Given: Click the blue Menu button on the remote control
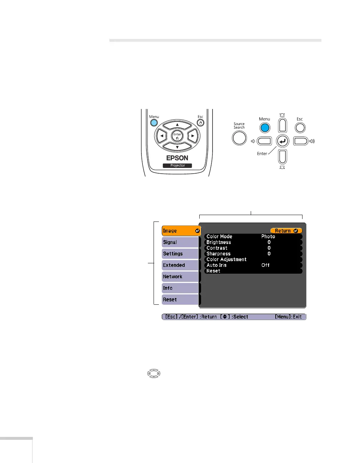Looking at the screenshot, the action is tap(154, 123).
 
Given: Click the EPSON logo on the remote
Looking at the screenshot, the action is tap(177, 158).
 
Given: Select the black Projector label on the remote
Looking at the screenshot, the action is tap(177, 165).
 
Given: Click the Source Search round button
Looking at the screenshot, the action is tap(239, 138).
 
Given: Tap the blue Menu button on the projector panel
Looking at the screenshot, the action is tap(265, 128).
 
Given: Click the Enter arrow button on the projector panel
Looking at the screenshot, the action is tap(282, 141).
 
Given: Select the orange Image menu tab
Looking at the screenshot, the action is tap(181, 231).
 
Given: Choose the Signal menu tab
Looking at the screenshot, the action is tap(180, 242).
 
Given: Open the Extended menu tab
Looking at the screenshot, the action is tap(180, 265).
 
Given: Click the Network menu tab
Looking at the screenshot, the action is tap(180, 277).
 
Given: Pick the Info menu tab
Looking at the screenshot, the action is tap(180, 288).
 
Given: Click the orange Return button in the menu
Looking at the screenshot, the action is tap(286, 231).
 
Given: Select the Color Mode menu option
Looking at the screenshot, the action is tap(219, 237).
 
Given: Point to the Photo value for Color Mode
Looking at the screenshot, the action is tap(268, 237).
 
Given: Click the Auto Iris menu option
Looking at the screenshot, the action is tap(216, 265).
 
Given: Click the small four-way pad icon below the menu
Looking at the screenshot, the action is tap(154, 374).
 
